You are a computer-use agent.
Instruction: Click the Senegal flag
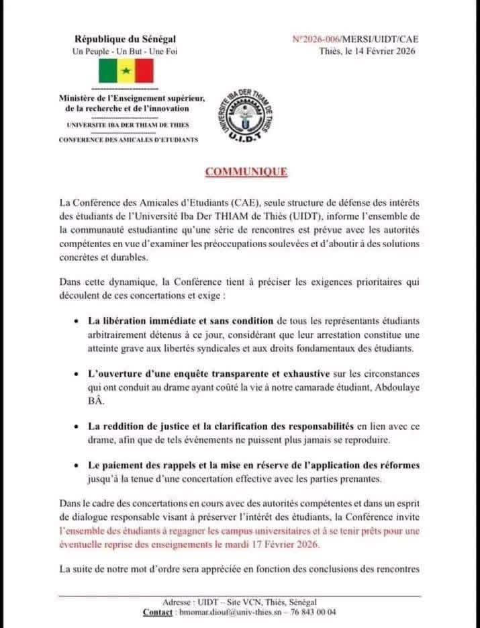[x=126, y=71]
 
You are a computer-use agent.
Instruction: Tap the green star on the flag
[x=126, y=71]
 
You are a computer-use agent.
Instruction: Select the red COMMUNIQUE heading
[x=246, y=172]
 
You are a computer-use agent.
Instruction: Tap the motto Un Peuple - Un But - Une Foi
[x=125, y=51]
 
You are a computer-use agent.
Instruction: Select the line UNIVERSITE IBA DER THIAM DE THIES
[x=128, y=125]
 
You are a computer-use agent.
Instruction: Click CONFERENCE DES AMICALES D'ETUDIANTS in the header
[x=128, y=139]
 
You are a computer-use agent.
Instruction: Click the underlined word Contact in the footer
[x=158, y=613]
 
